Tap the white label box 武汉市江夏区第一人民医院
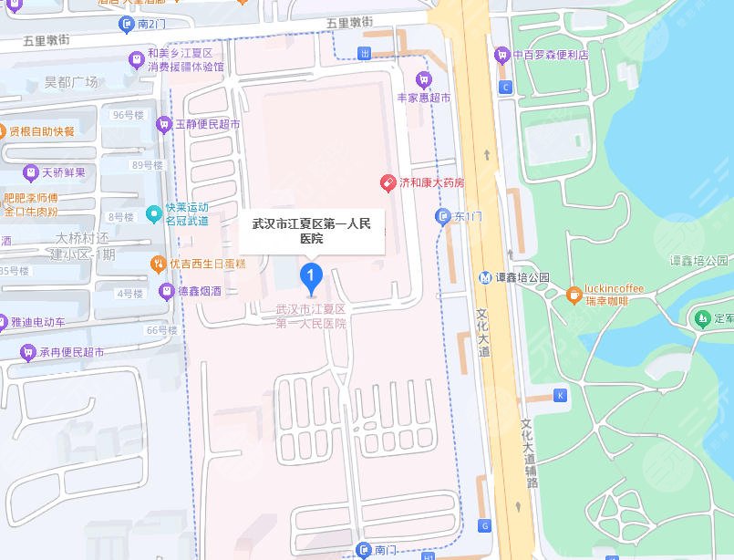(312, 231)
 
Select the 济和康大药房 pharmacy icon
(388, 182)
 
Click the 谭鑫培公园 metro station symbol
(487, 277)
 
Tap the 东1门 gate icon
(442, 216)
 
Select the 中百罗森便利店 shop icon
(501, 56)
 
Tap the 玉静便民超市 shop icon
(164, 123)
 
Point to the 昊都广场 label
(71, 82)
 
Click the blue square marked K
(561, 395)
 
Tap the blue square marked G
(485, 525)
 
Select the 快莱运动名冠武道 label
(187, 214)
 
